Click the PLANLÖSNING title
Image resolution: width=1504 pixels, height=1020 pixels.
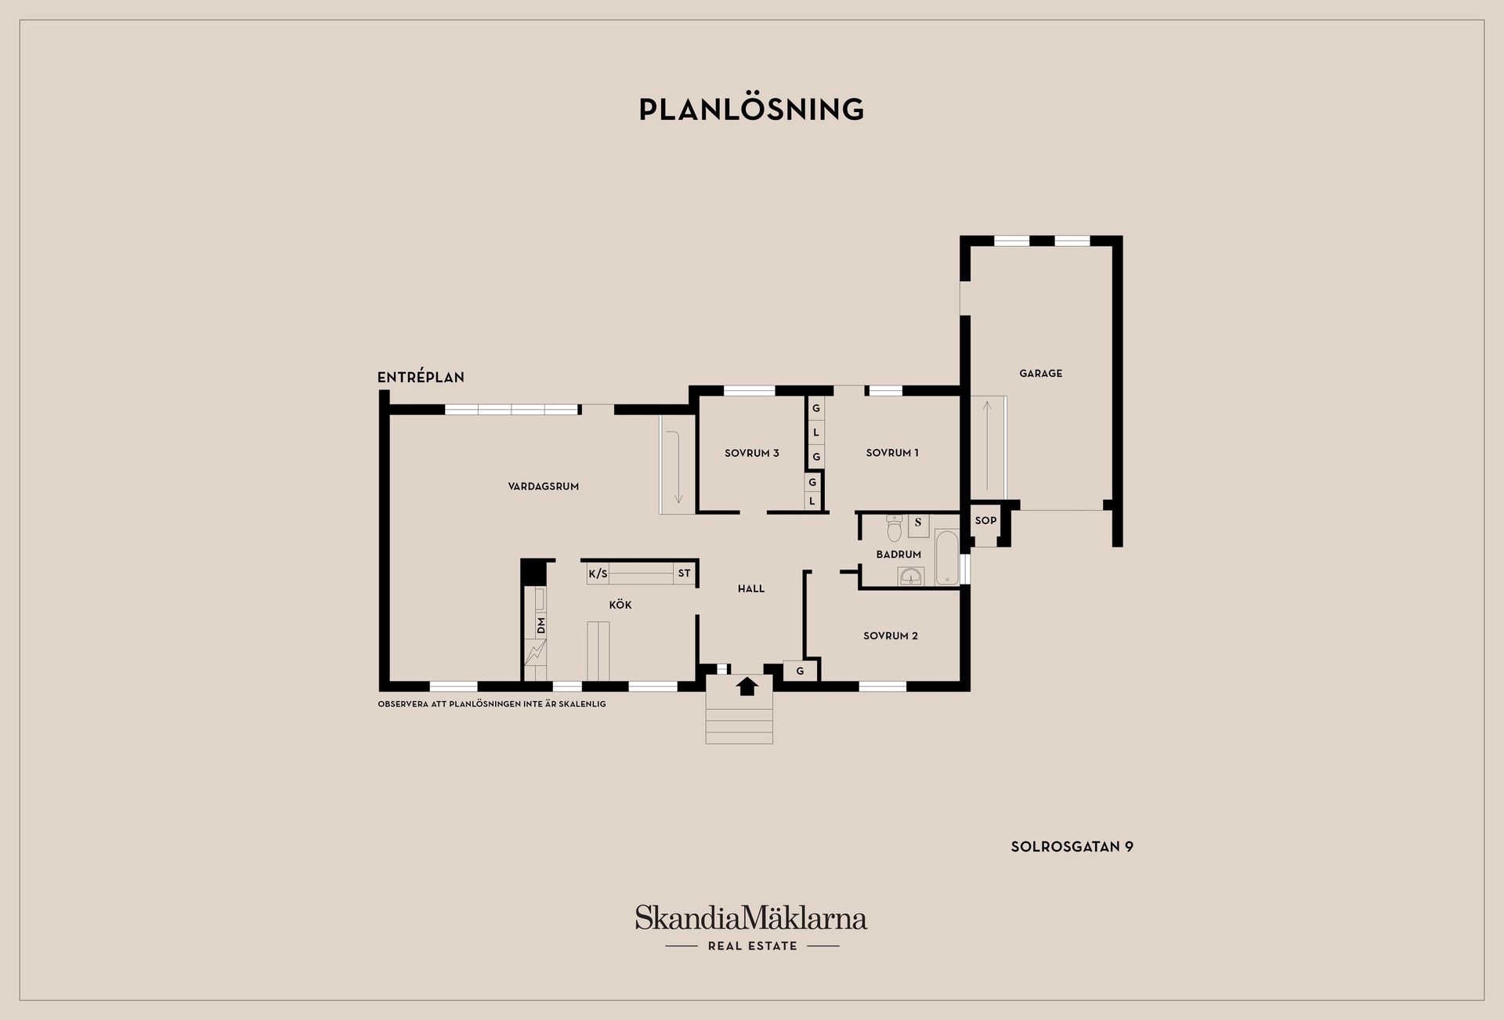[751, 109]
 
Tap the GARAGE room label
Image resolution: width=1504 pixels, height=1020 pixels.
[1040, 374]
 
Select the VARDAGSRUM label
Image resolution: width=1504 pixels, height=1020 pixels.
[544, 486]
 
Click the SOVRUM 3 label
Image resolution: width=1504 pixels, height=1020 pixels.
[752, 453]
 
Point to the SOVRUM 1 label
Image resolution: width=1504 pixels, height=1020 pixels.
[892, 453]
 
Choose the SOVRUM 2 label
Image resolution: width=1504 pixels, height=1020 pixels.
[891, 636]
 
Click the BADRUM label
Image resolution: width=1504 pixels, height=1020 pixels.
[898, 555]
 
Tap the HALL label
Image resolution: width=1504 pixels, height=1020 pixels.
[751, 589]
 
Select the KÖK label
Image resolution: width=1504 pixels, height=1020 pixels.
[620, 605]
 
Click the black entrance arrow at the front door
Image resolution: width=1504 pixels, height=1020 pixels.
[747, 686]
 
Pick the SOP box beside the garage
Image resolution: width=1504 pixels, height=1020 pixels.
[985, 521]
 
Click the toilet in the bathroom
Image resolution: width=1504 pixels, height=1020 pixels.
[895, 529]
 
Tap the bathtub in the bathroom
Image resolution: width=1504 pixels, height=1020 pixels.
[947, 557]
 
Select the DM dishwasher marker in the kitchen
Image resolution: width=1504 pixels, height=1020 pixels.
[540, 625]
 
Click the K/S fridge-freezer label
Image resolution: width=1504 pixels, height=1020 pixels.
[598, 573]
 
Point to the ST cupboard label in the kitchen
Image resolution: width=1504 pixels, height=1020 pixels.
[685, 573]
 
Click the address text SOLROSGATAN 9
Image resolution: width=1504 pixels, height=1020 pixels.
[1072, 847]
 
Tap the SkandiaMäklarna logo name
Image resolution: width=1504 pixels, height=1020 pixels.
[751, 917]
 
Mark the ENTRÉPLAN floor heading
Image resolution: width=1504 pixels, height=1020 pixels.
[421, 378]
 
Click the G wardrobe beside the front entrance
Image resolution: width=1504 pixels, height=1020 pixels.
[801, 671]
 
